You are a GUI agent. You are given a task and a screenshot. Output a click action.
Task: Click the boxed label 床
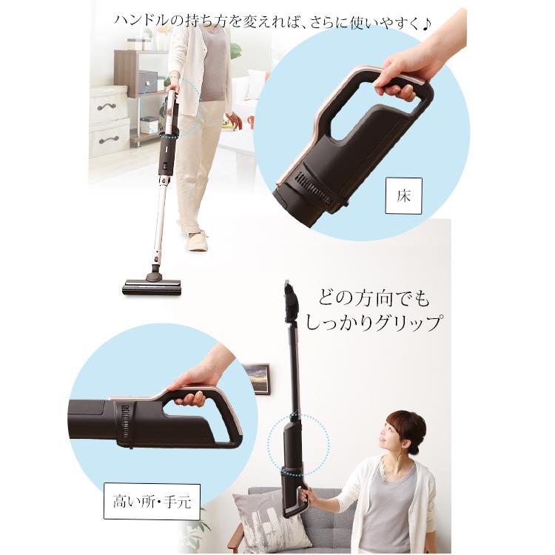coord(404,196)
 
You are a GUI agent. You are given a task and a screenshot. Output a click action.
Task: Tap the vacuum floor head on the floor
coord(152,285)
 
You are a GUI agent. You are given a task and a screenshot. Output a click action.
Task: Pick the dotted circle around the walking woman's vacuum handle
coord(178,107)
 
